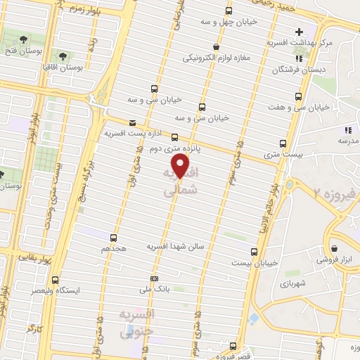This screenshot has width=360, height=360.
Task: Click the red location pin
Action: [x=181, y=166]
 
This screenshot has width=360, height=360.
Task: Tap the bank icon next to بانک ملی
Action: [x=154, y=278]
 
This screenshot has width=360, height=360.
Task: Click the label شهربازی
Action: [x=290, y=285]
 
